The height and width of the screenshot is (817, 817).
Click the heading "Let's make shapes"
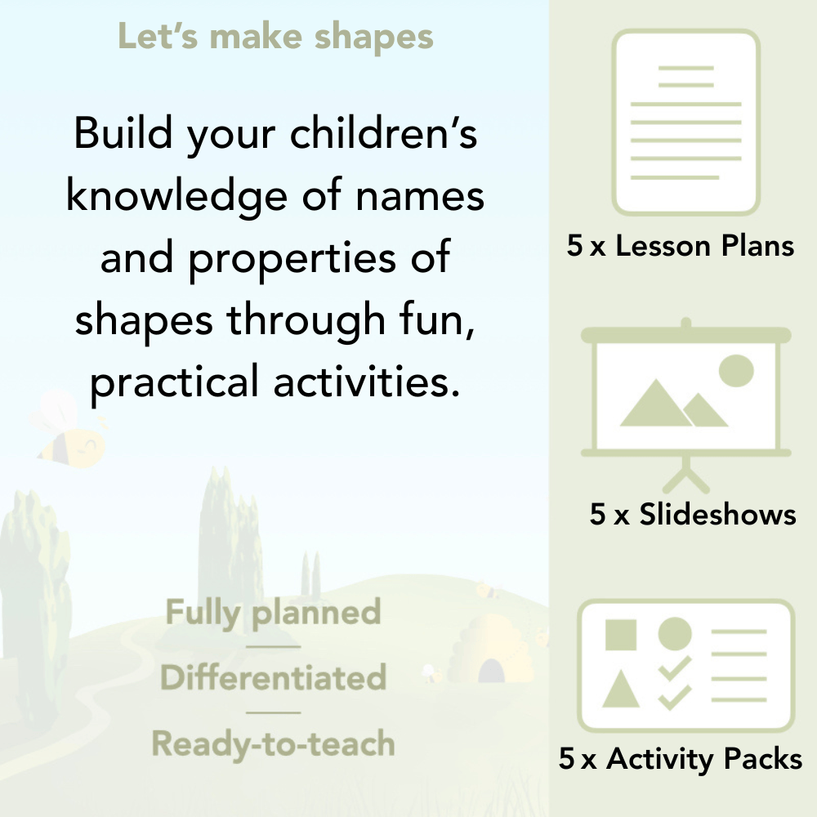tap(275, 37)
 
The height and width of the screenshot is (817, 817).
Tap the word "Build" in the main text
tap(121, 134)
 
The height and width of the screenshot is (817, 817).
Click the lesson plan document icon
tap(686, 123)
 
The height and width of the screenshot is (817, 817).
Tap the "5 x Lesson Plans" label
tap(681, 246)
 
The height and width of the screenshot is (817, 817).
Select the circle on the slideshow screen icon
tap(735, 369)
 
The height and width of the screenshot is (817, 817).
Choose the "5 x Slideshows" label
tap(693, 515)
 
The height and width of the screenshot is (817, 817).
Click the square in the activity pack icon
tap(621, 635)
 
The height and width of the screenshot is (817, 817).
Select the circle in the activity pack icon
tap(675, 634)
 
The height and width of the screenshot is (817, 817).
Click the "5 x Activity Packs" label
tap(681, 760)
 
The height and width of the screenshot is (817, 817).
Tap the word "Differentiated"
tap(273, 678)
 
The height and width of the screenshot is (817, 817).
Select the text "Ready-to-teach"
tap(273, 744)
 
